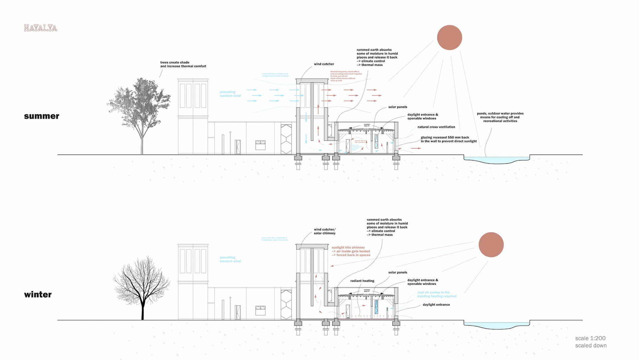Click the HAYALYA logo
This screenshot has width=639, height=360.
point(41,28)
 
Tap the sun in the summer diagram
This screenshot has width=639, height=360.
point(449,38)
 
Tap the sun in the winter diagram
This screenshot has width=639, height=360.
point(491,245)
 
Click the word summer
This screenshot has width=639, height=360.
point(42,116)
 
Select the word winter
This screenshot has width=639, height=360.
point(38,295)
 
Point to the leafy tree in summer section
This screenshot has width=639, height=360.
point(140,107)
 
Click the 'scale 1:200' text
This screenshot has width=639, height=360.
point(590,338)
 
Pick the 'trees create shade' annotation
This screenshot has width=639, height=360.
point(183,64)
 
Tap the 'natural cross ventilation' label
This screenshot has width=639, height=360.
point(436,127)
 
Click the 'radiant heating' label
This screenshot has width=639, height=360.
point(362,281)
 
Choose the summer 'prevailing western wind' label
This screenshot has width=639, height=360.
point(230,94)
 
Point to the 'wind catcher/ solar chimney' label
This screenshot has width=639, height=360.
point(324,231)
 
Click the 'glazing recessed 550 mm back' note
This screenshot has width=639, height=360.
point(448,139)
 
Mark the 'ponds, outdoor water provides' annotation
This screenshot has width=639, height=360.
point(500,117)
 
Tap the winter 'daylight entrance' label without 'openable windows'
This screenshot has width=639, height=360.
point(436,305)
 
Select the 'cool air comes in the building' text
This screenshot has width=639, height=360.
point(437,294)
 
